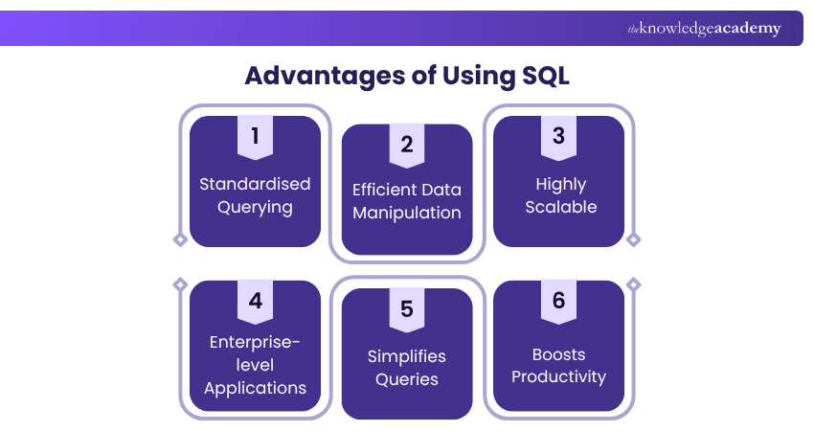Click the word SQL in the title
coord(541,76)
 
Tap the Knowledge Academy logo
coord(704,29)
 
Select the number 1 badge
coord(255,137)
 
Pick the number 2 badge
coord(407,145)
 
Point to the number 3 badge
coord(558,137)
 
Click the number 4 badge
coord(255,301)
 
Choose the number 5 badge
coord(407,309)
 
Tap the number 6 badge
coord(558,301)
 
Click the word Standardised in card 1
coord(255,184)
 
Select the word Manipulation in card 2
coord(407,213)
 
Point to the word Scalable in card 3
coord(561,207)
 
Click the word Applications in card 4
coord(255,388)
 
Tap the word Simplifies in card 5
coord(407,356)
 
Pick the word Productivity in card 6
coord(558,376)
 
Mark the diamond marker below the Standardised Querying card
coord(179,239)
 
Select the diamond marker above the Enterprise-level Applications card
coord(179,284)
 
